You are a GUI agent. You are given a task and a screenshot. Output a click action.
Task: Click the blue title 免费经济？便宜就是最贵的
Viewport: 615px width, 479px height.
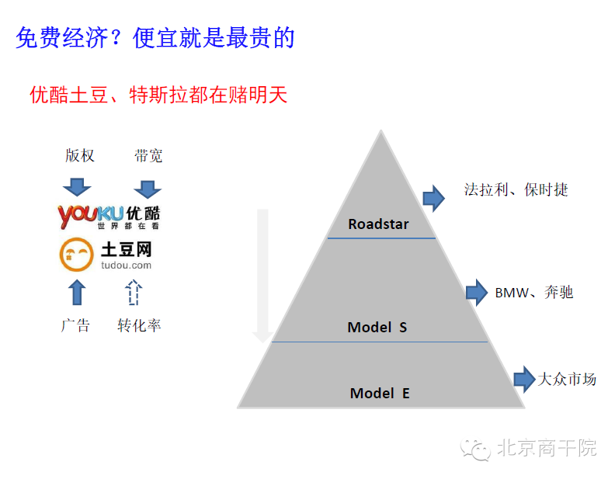pos(155,36)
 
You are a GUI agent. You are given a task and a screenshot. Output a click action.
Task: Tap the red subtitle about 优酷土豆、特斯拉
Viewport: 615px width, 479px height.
pos(158,95)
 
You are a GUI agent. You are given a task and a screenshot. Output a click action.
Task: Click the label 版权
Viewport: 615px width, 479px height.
pos(79,156)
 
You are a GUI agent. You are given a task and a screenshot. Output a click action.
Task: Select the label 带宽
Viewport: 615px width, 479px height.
pos(148,156)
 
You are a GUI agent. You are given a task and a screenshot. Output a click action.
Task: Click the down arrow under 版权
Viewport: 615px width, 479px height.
pos(77,187)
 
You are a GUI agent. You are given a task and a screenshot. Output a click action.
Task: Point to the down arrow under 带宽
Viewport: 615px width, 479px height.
pos(147,188)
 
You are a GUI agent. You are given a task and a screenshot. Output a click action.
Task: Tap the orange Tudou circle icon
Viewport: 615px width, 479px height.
pos(75,254)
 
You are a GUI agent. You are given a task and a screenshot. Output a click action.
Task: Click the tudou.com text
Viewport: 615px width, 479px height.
pos(126,266)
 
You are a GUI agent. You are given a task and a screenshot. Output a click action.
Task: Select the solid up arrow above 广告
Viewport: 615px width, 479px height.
pos(77,292)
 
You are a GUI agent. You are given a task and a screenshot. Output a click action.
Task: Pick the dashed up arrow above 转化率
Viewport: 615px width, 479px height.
pos(134,292)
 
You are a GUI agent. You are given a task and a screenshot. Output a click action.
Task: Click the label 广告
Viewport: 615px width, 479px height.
pos(75,325)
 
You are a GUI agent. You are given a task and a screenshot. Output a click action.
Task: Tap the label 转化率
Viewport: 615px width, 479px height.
pos(139,325)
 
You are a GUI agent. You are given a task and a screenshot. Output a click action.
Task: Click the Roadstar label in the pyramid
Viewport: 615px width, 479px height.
pos(378,224)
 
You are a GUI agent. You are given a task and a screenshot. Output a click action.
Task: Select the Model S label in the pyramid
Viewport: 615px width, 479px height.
pos(377,327)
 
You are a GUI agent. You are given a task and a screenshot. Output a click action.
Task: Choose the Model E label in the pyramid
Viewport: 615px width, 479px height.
pos(380,393)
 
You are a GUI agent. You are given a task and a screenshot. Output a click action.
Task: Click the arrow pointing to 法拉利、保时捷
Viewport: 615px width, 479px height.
pos(433,198)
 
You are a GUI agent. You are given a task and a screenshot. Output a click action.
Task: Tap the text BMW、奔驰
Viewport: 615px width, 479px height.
pos(533,293)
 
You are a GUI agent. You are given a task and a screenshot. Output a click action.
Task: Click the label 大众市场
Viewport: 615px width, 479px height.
pos(567,379)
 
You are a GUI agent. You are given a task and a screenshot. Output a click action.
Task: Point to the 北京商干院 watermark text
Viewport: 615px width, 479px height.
pos(546,448)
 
